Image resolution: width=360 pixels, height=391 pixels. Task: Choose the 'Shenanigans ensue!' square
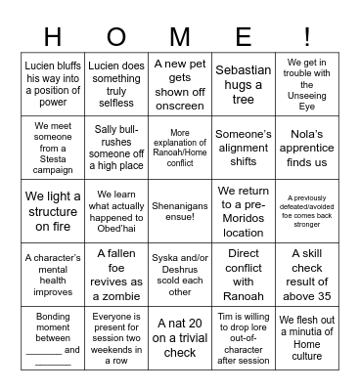[x=180, y=206]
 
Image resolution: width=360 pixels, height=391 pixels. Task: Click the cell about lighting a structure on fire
[x=53, y=206]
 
